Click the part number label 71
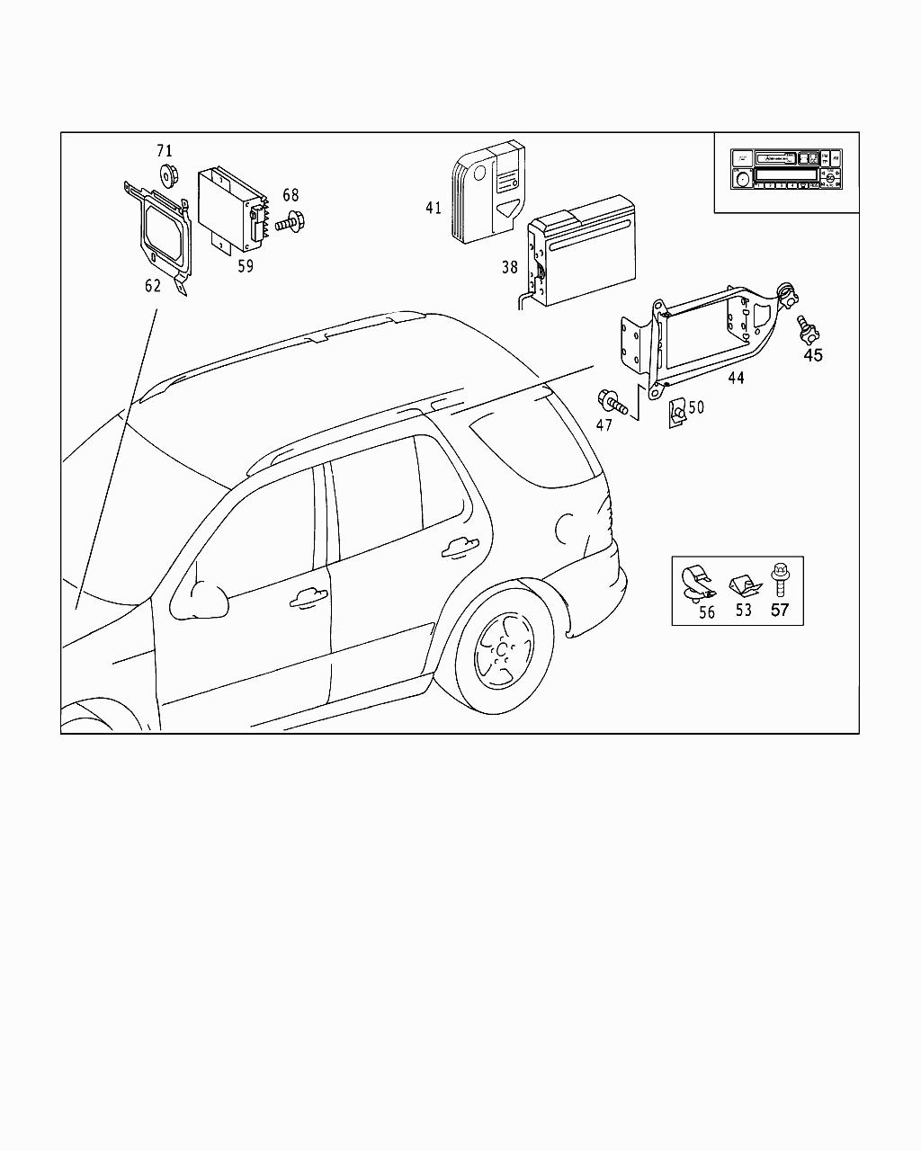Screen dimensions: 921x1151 164,151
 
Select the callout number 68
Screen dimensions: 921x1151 291,195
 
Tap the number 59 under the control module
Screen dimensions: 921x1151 246,266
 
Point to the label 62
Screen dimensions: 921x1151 153,286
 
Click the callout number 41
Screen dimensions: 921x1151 434,208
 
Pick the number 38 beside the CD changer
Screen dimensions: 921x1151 510,266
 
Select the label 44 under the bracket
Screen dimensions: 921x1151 736,379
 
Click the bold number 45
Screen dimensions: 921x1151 812,355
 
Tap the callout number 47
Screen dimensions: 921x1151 604,424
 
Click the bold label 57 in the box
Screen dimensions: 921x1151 779,611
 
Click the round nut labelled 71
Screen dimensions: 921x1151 165,174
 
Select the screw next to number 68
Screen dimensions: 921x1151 291,219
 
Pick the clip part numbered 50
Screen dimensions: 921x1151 675,413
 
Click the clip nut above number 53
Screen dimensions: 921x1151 743,586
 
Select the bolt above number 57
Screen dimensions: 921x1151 779,577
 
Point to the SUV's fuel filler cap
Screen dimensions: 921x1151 568,527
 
